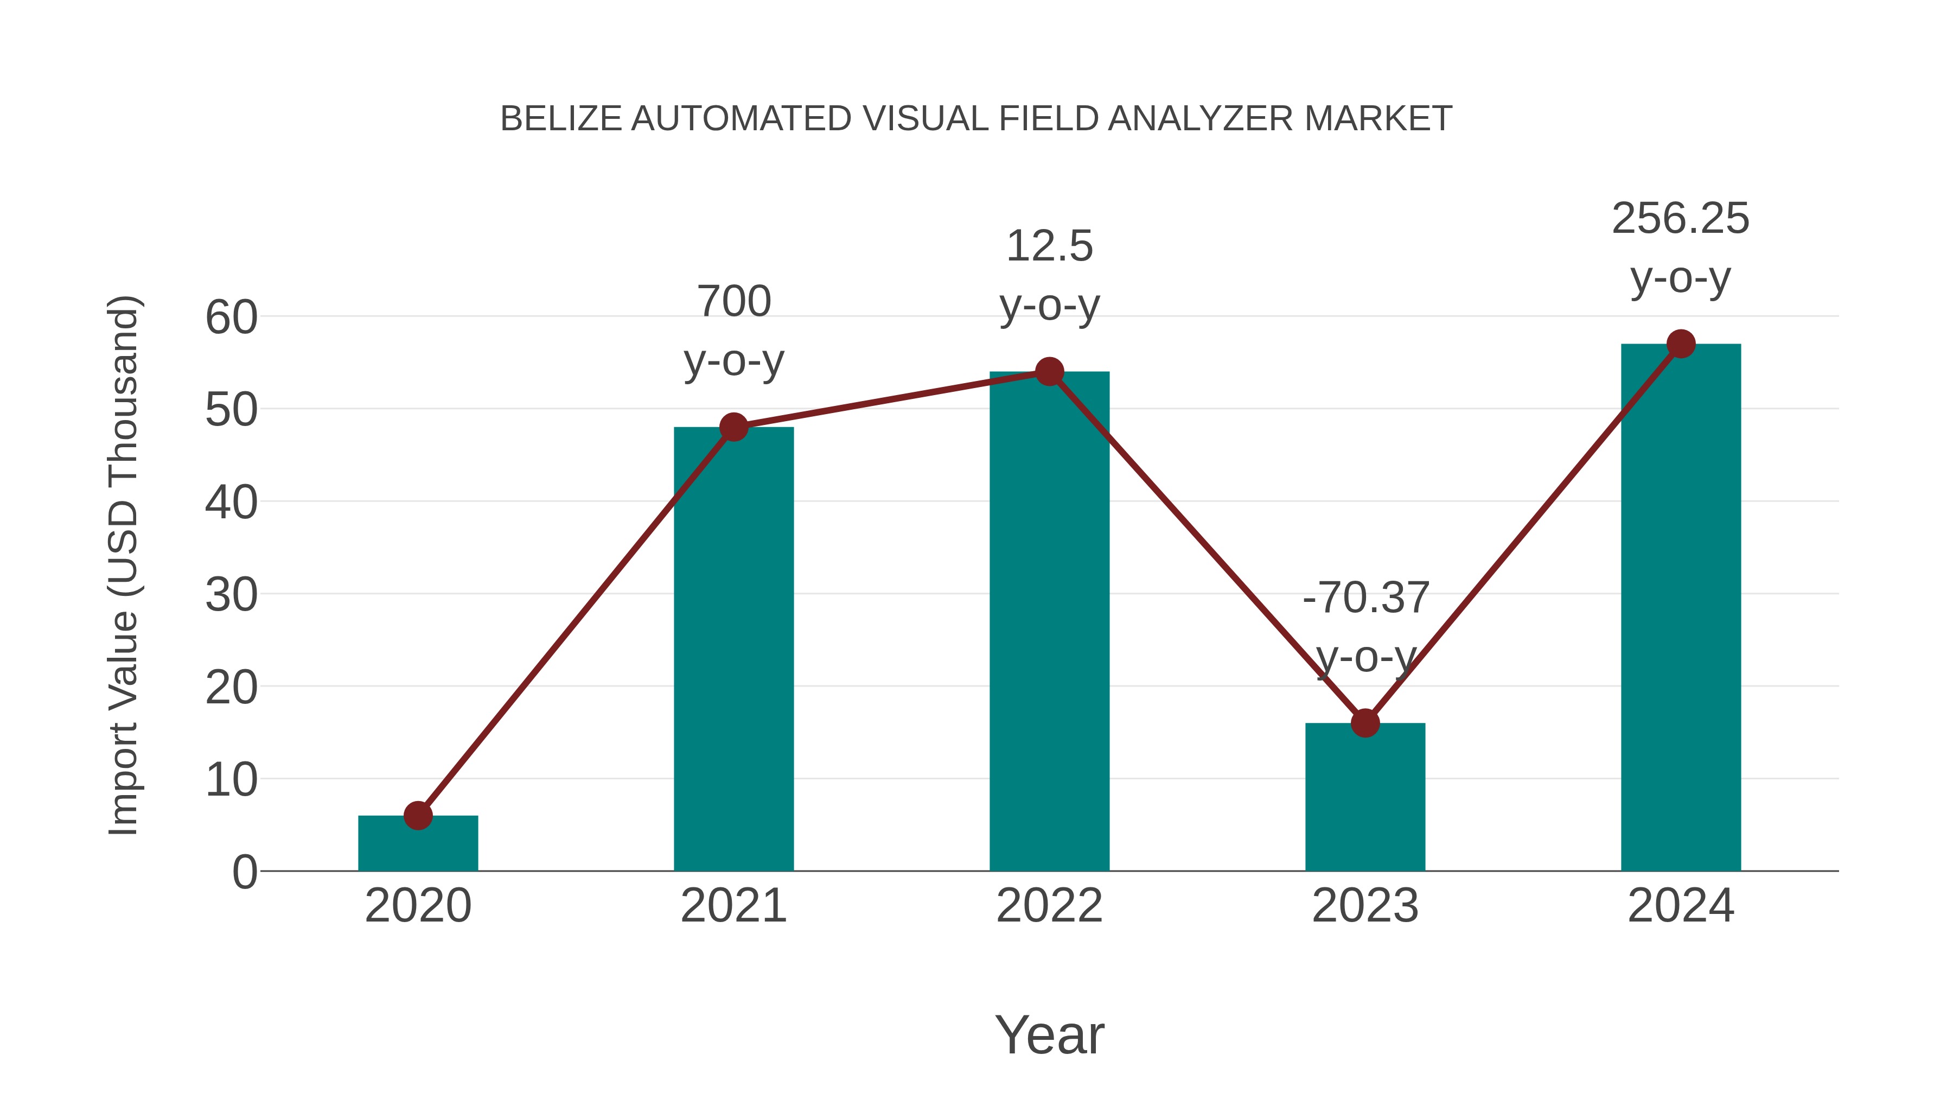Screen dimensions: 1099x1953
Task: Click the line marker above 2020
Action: click(418, 816)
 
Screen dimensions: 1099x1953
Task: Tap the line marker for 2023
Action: click(1365, 723)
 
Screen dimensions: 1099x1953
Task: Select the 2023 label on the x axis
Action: click(1365, 906)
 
